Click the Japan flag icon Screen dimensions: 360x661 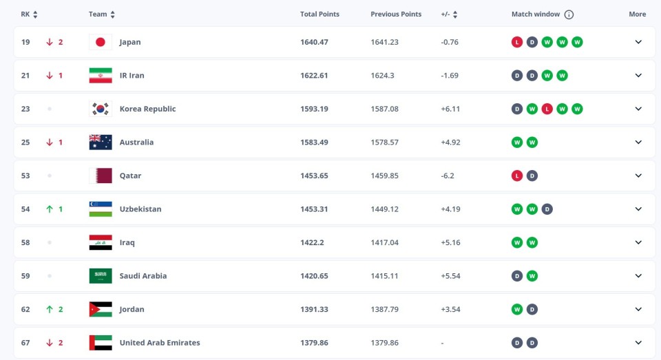point(100,42)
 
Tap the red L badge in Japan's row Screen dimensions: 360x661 point(516,42)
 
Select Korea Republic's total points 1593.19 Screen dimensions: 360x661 point(314,109)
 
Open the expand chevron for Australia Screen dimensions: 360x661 point(638,142)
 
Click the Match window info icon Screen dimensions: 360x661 point(569,14)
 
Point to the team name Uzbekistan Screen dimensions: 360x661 point(140,209)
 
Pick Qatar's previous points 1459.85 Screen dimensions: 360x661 point(384,176)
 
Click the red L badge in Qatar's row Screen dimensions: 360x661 point(516,176)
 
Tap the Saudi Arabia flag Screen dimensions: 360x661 point(100,276)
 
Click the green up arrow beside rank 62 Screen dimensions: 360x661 point(49,309)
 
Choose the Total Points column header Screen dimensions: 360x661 point(319,14)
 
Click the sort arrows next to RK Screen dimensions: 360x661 point(35,14)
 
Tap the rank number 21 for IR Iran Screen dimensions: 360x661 point(25,76)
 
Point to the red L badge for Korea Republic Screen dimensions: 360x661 point(547,109)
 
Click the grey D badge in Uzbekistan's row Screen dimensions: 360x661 point(547,209)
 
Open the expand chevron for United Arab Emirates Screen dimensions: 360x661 point(638,343)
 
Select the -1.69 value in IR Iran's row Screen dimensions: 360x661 point(450,76)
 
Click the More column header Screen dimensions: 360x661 point(637,14)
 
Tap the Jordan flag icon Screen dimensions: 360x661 point(100,309)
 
